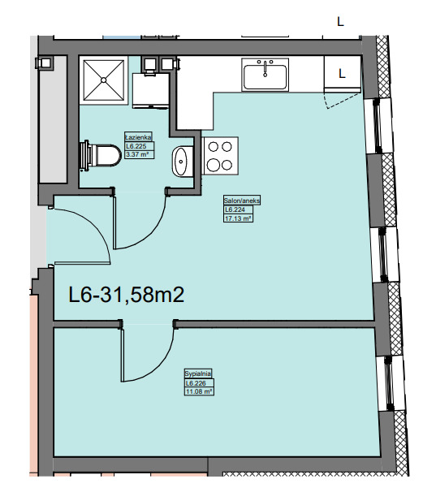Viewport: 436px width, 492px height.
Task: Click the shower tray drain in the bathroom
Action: point(104,80)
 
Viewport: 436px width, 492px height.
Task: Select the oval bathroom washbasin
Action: point(180,162)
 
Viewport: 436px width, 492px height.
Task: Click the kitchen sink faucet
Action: point(265,68)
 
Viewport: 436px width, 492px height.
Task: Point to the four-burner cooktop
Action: point(220,156)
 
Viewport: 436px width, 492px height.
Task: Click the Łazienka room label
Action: point(138,137)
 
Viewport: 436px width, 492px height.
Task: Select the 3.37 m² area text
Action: point(136,154)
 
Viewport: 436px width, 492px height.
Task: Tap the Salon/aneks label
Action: point(242,201)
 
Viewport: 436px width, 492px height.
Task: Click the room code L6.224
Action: point(235,209)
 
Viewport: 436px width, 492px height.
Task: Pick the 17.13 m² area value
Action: point(238,218)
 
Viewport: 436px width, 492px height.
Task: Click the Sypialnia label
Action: point(198,373)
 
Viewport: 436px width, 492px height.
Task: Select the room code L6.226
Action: point(196,383)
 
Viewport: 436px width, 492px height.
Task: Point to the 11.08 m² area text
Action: point(199,391)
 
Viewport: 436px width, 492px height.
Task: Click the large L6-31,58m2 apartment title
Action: point(126,295)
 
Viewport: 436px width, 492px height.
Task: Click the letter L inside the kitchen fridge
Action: point(342,73)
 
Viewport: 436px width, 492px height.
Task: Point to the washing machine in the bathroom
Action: point(151,90)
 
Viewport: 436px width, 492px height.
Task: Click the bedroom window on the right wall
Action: point(389,383)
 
